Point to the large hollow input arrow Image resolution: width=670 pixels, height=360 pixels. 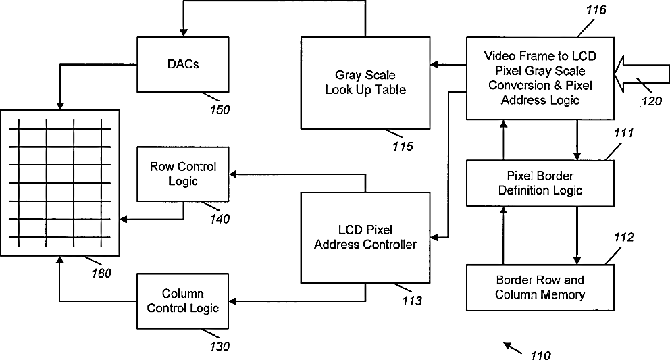click(641, 74)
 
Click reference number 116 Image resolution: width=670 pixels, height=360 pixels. click(596, 10)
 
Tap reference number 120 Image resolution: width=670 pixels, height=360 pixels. click(652, 101)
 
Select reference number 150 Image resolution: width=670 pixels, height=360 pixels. click(220, 110)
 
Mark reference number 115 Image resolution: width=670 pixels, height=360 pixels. click(403, 146)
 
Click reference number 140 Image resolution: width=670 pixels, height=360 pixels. click(220, 219)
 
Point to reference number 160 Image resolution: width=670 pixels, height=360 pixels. click(101, 273)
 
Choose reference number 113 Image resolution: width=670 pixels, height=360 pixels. click(412, 301)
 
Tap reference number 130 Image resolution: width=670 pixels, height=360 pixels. click(220, 346)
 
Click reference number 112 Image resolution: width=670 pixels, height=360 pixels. click(624, 237)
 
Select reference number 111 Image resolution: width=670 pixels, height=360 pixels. click(624, 133)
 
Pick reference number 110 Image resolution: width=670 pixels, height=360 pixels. click(540, 355)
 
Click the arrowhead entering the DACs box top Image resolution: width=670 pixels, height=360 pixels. click(183, 33)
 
